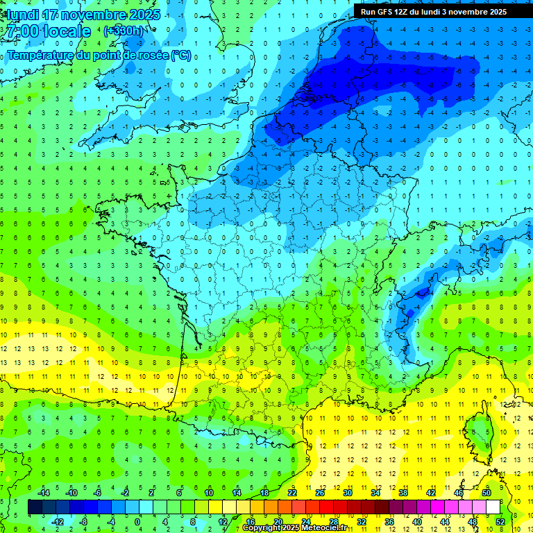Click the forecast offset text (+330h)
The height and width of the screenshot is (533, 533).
(124, 31)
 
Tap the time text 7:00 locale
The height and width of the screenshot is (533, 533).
(47, 31)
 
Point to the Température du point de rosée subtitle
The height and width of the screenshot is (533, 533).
(99, 56)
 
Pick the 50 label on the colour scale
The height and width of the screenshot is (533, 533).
(487, 493)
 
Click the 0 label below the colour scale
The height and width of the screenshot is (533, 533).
(137, 521)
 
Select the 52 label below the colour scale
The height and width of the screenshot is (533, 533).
(500, 521)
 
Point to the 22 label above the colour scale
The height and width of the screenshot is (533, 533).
(292, 493)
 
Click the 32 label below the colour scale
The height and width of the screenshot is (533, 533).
(362, 521)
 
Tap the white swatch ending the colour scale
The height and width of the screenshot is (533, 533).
(493, 507)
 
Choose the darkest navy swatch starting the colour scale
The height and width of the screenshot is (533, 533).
(35, 507)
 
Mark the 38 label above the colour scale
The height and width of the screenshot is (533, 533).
(403, 493)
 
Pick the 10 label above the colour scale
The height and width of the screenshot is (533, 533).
(209, 493)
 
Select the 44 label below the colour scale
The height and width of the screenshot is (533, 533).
(445, 521)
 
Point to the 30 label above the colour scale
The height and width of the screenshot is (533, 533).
(348, 493)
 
